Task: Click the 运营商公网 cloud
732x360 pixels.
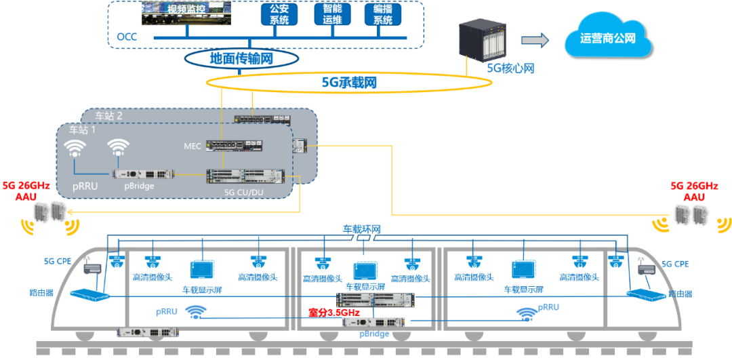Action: click(608, 38)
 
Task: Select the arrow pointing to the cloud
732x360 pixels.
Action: click(535, 41)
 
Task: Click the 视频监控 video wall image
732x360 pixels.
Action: click(186, 14)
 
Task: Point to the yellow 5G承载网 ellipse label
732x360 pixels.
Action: click(349, 83)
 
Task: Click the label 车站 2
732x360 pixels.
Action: click(110, 116)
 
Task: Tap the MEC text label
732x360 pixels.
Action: click(192, 146)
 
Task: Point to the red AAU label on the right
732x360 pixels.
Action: click(693, 197)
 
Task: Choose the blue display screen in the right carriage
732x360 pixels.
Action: click(523, 270)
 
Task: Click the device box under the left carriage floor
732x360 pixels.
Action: click(147, 332)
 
